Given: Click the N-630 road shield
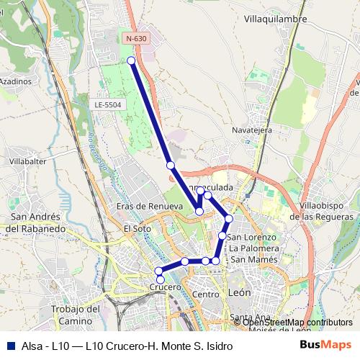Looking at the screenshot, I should [x=136, y=38].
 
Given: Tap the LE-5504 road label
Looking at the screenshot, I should [x=108, y=104].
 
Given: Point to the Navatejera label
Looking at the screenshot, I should [x=251, y=130].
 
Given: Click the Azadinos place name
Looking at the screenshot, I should [x=15, y=81].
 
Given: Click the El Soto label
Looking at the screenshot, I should [x=137, y=228].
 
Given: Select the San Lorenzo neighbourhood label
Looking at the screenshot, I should [x=251, y=237].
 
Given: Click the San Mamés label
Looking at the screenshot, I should [x=253, y=259].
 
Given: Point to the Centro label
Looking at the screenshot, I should [x=205, y=294].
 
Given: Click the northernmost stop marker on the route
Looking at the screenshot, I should [x=132, y=60].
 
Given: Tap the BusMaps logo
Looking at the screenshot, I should [x=325, y=345].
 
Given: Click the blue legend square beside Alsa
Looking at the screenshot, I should [x=9, y=346].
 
